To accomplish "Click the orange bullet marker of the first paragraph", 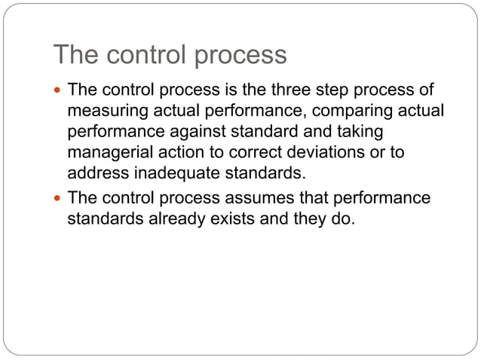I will coord(59,92).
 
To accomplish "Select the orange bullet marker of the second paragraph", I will coord(59,198).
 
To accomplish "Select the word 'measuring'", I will coord(103,112).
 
